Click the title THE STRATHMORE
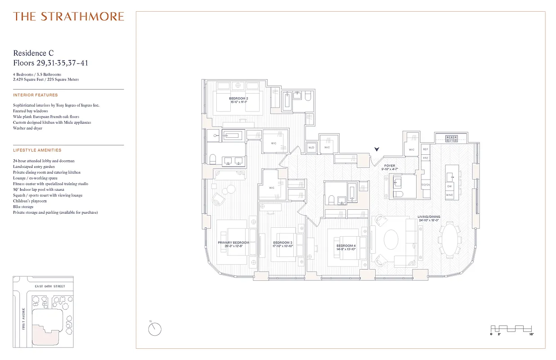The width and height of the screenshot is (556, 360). [68, 17]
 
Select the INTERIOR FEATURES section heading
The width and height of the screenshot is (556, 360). [36, 95]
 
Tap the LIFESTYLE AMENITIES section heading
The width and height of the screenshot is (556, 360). [37, 150]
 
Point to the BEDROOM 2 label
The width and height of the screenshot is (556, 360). [238, 98]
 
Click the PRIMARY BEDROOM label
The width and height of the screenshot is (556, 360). [233, 243]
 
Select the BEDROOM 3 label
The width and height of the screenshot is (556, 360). [282, 243]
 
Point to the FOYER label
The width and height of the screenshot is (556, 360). [390, 166]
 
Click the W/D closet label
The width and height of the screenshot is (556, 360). [311, 148]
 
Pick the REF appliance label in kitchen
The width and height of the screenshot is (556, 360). [426, 149]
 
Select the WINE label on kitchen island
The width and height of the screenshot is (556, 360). [449, 195]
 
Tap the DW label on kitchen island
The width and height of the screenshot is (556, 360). [449, 186]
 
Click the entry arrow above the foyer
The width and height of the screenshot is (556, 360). [377, 149]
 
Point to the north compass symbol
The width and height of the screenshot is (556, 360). [155, 329]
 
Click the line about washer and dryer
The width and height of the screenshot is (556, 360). [28, 128]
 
